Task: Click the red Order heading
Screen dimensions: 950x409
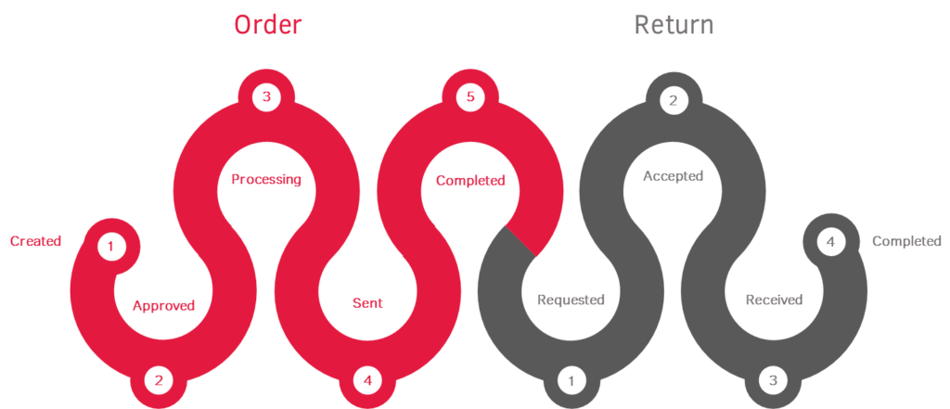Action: coord(268,25)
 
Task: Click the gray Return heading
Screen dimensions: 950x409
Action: coord(674,25)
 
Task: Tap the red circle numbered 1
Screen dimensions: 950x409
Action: coord(110,247)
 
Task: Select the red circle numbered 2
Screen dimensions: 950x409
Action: coord(159,380)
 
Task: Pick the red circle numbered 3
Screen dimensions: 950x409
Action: coord(266,97)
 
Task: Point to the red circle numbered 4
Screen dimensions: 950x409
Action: coord(367,380)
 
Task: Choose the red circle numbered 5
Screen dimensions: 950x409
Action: coord(470,97)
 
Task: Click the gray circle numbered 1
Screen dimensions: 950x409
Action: coord(571,380)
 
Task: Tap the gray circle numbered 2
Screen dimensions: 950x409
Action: coord(674,99)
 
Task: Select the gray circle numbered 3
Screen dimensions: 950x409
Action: coord(773,380)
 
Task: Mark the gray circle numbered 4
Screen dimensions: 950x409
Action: coord(830,242)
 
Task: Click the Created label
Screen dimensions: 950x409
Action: coord(36,241)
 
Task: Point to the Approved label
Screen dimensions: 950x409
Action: coord(163,305)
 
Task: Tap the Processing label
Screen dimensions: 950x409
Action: coord(266,180)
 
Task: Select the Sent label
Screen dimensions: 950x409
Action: coord(367,302)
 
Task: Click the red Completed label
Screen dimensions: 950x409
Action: coord(470,181)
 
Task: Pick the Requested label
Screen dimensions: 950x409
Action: coord(571,300)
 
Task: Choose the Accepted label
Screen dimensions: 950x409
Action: coord(674,176)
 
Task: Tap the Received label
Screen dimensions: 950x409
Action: coord(774,300)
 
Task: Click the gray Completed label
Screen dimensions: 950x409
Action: coord(907,241)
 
